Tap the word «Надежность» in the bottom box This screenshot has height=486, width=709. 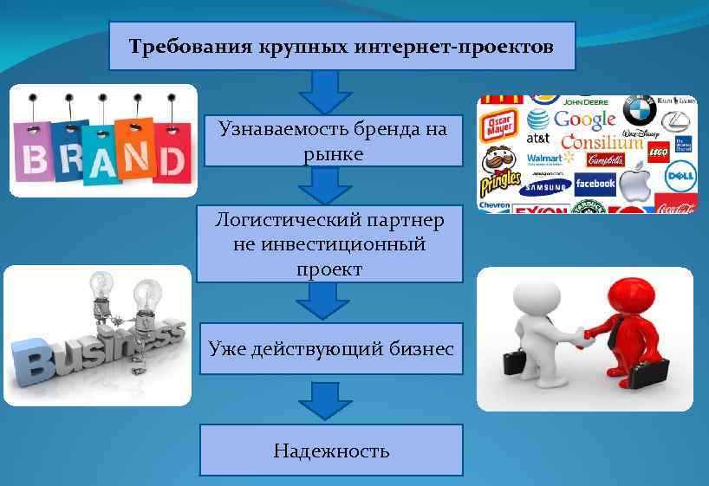pos(331,450)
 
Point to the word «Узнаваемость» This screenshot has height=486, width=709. pos(283,130)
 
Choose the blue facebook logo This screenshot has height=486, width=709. pos(595,184)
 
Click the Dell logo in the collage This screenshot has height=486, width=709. pos(680,178)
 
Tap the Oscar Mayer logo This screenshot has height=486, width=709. pos(500,124)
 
